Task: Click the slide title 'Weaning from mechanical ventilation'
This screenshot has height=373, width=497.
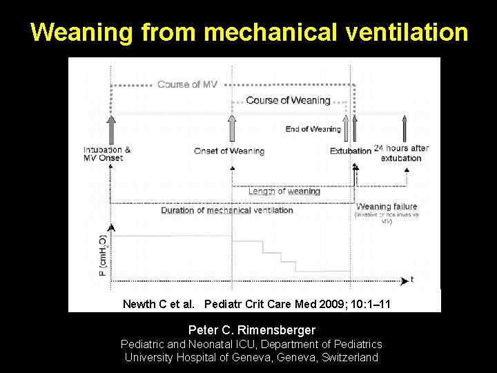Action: (x=248, y=32)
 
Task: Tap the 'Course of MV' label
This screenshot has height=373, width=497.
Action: (x=187, y=84)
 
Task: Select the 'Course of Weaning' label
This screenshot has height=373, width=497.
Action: (x=288, y=100)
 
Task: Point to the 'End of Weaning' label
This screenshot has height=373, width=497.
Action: (x=313, y=129)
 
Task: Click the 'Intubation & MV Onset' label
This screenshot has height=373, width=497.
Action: (x=107, y=154)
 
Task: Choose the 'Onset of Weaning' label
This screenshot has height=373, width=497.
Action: (x=229, y=151)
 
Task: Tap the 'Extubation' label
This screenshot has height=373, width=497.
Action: (x=351, y=151)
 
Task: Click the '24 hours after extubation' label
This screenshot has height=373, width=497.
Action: (x=401, y=153)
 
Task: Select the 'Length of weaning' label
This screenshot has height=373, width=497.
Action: (x=284, y=192)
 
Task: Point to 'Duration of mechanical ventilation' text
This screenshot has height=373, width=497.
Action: (x=227, y=211)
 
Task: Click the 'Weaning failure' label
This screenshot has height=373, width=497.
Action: (x=387, y=207)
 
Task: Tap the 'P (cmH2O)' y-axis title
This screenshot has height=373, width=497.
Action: (x=103, y=254)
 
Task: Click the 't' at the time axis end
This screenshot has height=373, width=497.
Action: (x=412, y=279)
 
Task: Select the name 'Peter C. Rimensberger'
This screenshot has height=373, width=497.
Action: (x=251, y=330)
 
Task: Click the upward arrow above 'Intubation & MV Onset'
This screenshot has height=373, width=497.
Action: (x=110, y=129)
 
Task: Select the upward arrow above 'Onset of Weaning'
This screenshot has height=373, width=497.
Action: (x=232, y=129)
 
